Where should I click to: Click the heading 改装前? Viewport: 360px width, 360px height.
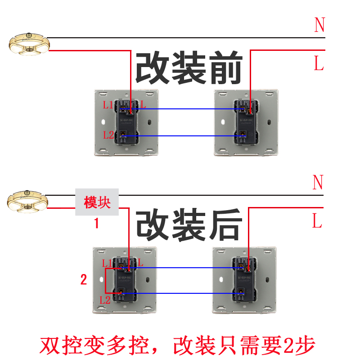click(x=189, y=68)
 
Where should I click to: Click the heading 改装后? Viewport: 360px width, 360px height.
click(x=189, y=225)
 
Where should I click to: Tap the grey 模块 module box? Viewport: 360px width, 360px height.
click(x=97, y=202)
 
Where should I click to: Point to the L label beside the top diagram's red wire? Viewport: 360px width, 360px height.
click(x=319, y=63)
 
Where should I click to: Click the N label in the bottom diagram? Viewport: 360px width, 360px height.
click(x=318, y=182)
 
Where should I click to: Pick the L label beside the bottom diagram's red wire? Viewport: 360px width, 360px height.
click(x=317, y=221)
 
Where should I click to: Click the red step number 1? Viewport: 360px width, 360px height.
click(x=96, y=223)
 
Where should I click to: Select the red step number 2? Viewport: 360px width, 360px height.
click(x=83, y=280)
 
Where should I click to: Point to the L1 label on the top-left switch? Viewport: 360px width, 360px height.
click(x=108, y=106)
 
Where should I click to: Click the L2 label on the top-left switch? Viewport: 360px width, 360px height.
click(x=108, y=135)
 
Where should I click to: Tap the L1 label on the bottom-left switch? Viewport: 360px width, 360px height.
click(x=107, y=263)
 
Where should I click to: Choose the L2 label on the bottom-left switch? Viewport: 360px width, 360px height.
click(x=105, y=299)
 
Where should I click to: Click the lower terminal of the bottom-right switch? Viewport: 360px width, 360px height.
click(x=241, y=294)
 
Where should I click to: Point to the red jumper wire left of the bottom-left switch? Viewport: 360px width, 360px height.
click(x=105, y=281)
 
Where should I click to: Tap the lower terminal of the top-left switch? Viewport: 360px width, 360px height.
click(x=124, y=135)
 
